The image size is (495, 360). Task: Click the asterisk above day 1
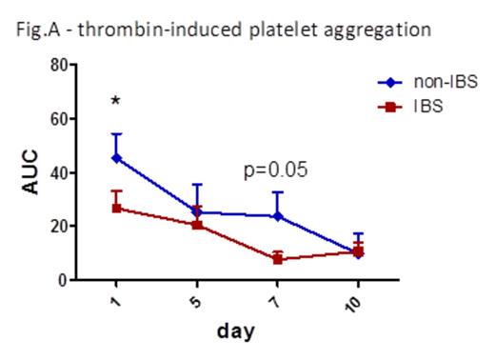click(115, 101)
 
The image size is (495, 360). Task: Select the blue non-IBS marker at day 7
click(278, 216)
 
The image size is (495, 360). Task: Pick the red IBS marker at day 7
click(278, 259)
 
